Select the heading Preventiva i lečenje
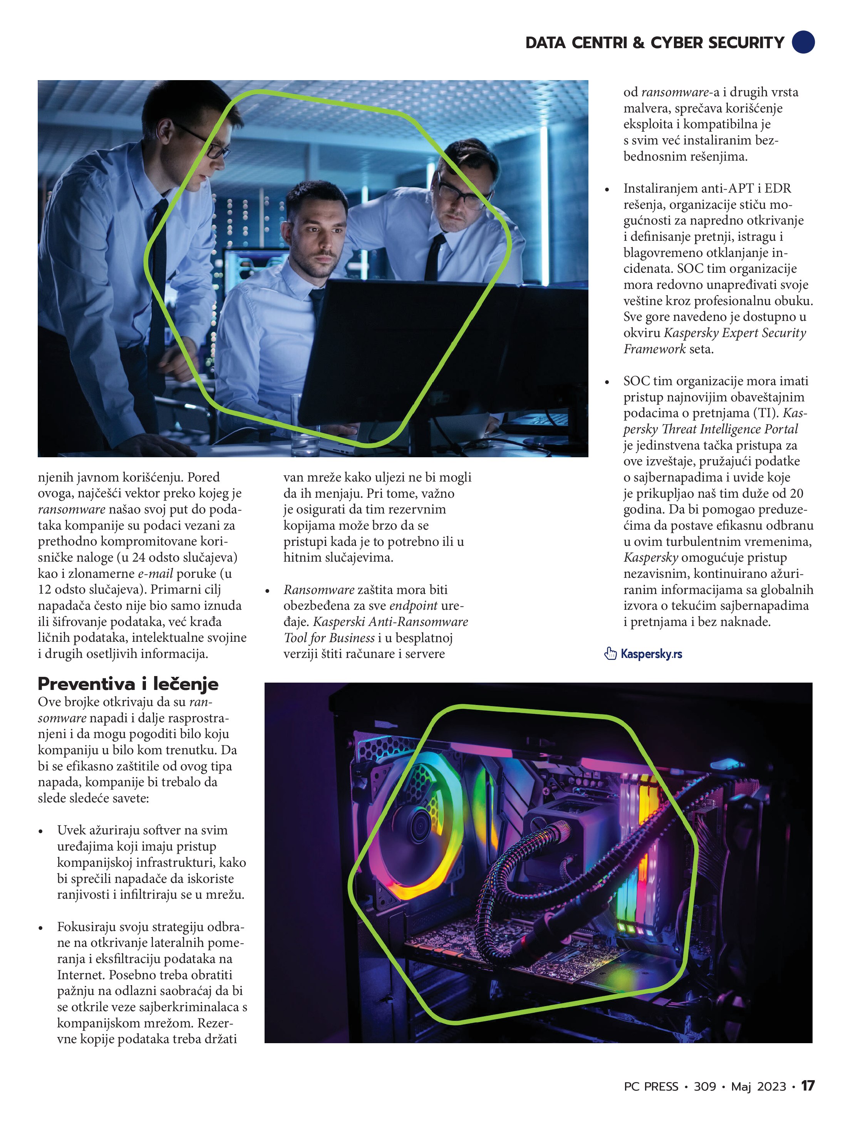pos(128,684)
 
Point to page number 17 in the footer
pos(808,1086)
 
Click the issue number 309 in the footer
pos(704,1086)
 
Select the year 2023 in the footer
pos(772,1086)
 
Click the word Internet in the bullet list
pos(81,975)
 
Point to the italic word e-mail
pos(155,574)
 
